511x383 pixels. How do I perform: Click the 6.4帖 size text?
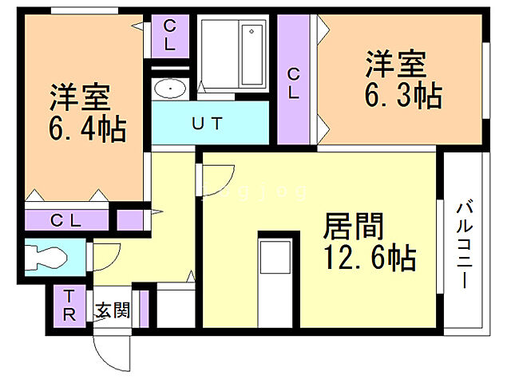pos(88,128)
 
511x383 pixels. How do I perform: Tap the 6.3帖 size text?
pos(404,96)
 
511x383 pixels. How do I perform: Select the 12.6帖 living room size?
pos(368,258)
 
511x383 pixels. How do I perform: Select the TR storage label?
pos(69,305)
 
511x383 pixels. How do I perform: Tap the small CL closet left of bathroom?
pos(169,35)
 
